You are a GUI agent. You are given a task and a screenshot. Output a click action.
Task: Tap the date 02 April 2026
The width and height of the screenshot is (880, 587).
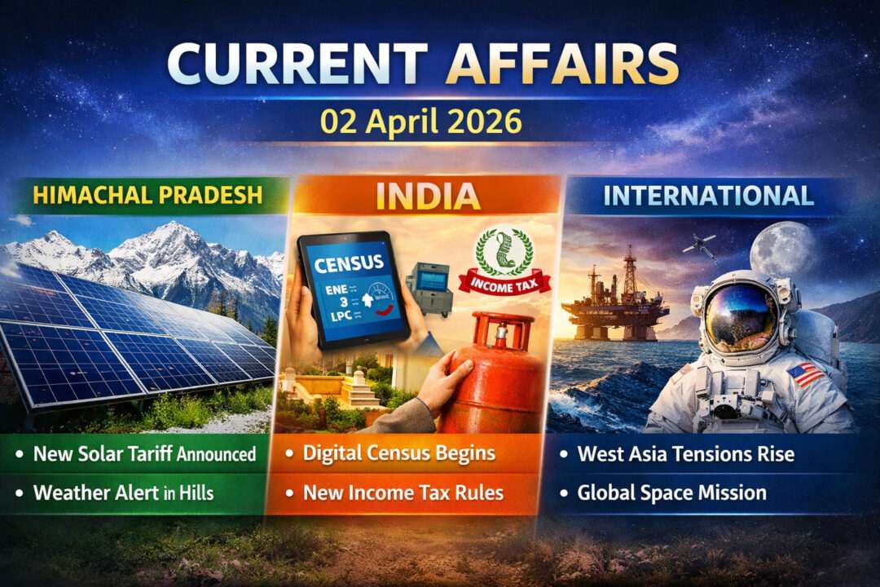[x=420, y=121]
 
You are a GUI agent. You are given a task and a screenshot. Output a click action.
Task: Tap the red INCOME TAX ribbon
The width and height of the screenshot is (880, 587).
[x=504, y=283]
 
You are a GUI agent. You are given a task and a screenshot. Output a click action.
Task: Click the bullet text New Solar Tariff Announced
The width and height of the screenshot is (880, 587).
[x=144, y=453]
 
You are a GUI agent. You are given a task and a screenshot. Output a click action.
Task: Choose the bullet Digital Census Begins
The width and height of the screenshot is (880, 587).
[x=398, y=453]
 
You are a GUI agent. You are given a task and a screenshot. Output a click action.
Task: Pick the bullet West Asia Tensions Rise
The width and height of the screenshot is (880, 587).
[x=685, y=453]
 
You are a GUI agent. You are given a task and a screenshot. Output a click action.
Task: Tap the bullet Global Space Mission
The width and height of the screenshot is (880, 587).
[x=671, y=492]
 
